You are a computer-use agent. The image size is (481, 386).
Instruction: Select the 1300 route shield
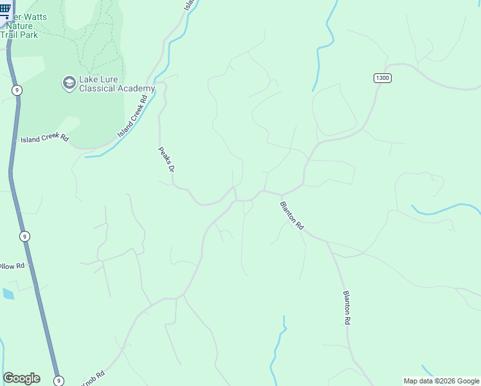[382, 78]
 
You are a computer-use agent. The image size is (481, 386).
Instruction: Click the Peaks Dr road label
[167, 160]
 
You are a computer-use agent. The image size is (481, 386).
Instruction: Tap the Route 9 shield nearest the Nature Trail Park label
[16, 90]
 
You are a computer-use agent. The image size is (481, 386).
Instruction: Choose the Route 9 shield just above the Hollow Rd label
[24, 237]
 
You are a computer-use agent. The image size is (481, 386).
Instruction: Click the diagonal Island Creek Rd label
[133, 116]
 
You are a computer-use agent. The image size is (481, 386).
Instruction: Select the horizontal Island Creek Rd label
[44, 139]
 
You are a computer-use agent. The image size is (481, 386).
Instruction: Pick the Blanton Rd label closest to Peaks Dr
[291, 216]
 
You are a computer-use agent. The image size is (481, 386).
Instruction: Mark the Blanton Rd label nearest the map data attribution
[347, 308]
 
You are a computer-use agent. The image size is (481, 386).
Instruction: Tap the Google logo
[21, 378]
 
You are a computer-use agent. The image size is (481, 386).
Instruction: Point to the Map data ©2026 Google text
[441, 381]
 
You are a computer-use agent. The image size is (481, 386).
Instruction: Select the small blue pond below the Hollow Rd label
[8, 293]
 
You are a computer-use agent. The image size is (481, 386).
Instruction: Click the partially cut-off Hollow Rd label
[12, 266]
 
